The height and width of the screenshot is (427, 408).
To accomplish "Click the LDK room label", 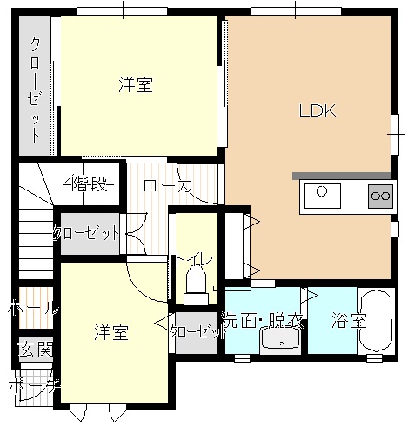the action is [318, 110].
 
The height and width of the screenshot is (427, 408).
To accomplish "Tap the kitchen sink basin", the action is [323, 196].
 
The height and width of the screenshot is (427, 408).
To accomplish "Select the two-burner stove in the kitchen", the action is [380, 196].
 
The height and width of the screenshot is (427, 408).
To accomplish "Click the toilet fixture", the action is [196, 286].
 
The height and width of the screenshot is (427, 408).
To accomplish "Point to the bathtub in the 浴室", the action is [376, 321].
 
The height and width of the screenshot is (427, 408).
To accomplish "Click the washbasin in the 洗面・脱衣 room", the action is [280, 337].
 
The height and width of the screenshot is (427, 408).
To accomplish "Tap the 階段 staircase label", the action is [88, 183].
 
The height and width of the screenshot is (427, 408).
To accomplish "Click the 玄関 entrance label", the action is [36, 349].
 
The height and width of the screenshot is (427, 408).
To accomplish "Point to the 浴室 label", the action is [349, 320].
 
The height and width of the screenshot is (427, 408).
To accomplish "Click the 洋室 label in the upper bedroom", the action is [136, 84].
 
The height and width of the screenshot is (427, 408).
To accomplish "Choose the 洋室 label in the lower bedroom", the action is [111, 332].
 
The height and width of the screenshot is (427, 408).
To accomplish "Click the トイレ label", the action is [192, 259].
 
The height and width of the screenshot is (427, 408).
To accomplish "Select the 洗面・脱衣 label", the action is [263, 320].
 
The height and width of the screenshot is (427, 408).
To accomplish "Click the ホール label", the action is [33, 307].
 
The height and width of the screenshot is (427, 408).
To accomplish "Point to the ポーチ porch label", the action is [34, 386].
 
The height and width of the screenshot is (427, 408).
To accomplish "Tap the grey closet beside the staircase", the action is [90, 234].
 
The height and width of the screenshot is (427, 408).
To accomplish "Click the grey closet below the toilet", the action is [197, 333].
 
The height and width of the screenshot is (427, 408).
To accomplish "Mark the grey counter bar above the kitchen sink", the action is [341, 176].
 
